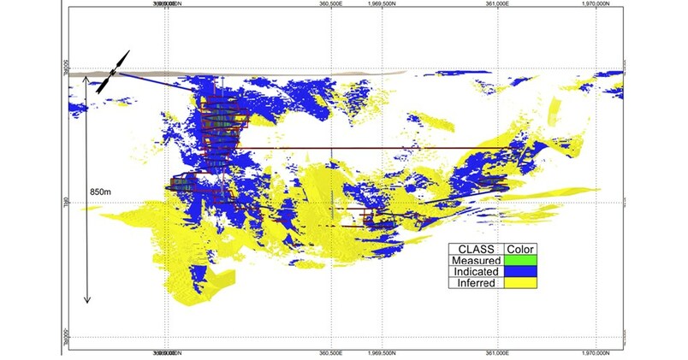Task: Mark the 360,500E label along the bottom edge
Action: point(331,351)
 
